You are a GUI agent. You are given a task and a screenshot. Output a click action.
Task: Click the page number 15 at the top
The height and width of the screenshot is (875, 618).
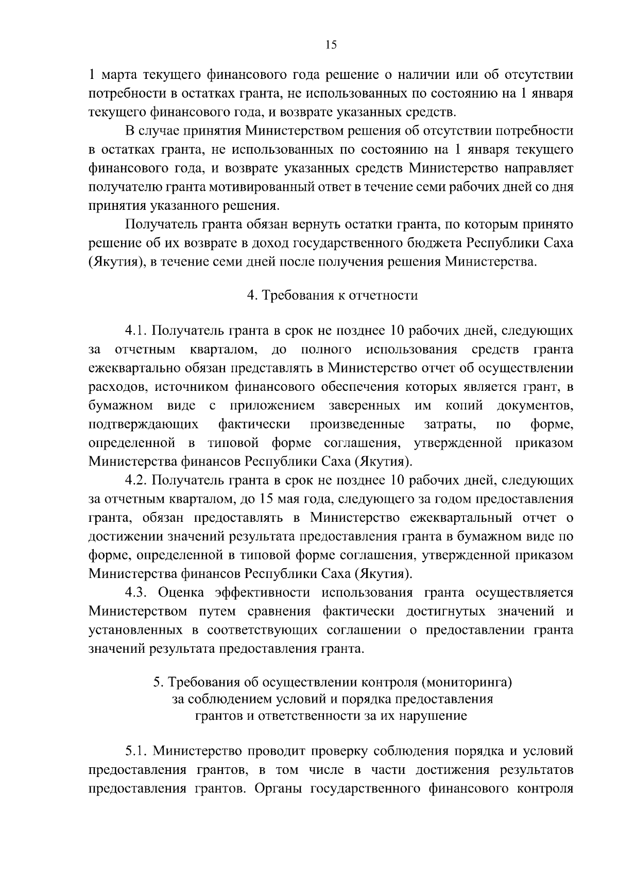[x=331, y=45]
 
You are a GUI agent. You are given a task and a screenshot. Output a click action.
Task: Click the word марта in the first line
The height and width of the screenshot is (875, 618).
[x=122, y=75]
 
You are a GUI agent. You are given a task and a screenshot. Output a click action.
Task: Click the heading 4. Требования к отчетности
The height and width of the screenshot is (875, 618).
[x=332, y=295]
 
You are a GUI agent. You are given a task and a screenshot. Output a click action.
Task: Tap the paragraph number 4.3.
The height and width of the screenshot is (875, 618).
[x=136, y=593]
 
